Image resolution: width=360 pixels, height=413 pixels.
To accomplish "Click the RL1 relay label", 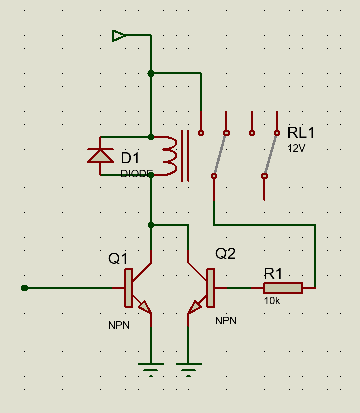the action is (x=301, y=132).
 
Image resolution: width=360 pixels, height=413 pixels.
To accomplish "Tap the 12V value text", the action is (x=296, y=148).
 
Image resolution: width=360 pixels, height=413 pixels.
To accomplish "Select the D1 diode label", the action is (x=130, y=158).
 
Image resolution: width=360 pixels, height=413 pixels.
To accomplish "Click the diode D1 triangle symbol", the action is (x=100, y=156).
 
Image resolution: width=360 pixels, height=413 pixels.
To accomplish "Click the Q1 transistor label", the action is (x=118, y=259).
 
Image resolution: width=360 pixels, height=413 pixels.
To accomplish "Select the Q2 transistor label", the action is (x=225, y=254).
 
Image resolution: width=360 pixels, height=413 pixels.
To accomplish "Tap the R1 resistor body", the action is (x=283, y=288).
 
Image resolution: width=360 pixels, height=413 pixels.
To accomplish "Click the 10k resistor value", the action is (x=272, y=301).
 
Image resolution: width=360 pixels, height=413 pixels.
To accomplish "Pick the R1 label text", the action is (x=273, y=274).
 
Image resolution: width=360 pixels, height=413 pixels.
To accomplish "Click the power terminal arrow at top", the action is (x=119, y=36).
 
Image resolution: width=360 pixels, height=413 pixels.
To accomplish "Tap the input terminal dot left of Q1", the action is (x=24, y=288).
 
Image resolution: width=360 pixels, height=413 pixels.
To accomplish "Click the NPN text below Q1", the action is (x=119, y=325).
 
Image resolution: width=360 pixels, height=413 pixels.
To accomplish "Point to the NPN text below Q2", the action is (x=226, y=321).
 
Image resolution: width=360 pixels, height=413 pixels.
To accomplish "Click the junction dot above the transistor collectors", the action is (x=151, y=225).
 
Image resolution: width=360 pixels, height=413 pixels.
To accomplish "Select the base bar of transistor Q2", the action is (x=210, y=288).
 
